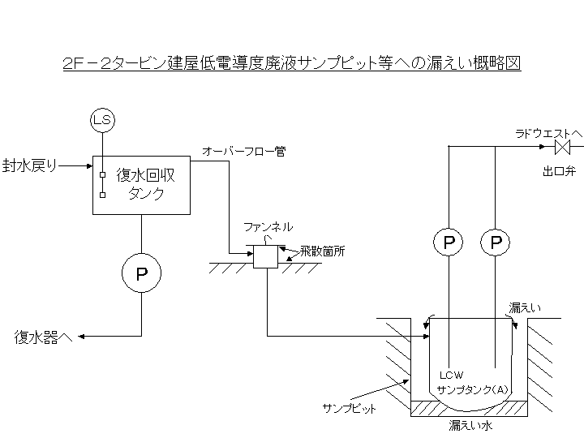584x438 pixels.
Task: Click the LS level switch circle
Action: coord(102,121)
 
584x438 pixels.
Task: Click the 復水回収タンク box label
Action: coord(147,183)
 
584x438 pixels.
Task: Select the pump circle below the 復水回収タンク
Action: coord(142,274)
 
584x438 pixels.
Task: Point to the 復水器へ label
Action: coord(44,337)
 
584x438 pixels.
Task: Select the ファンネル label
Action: coord(268,228)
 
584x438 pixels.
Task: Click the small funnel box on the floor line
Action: coord(266,256)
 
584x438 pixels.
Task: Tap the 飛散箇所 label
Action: coord(322,251)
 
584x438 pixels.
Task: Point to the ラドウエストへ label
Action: coord(548,132)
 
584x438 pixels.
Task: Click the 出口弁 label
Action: coord(560,171)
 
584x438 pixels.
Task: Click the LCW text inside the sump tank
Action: coord(451,376)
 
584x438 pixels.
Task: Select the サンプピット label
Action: coord(350,408)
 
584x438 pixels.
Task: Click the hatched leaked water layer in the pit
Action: coord(471,408)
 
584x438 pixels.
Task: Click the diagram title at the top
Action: coord(291,63)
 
